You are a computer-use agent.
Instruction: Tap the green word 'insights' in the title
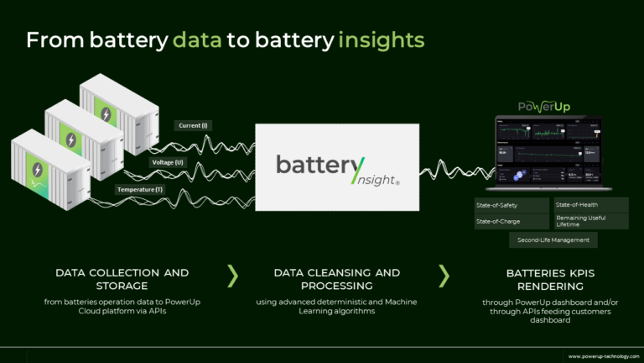[382, 39]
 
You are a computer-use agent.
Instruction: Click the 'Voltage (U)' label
[167, 161]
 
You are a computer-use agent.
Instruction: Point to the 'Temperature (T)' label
[141, 189]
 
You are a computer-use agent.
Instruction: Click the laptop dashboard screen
[548, 152]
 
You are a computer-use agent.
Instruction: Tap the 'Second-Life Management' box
[553, 240]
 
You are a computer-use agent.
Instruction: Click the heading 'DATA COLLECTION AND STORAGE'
[122, 279]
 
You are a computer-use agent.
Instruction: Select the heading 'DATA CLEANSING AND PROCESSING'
[336, 279]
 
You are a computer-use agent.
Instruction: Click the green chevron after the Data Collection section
[233, 274]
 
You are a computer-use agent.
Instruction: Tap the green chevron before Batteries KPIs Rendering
[444, 274]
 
